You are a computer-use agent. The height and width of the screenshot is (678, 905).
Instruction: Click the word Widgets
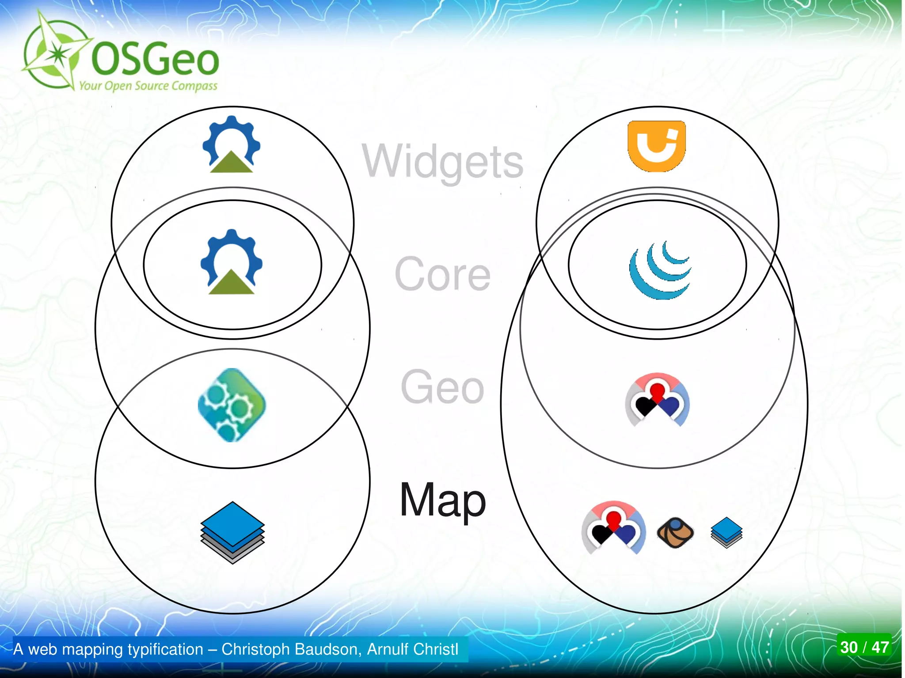tap(442, 161)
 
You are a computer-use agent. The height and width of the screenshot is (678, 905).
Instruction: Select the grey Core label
tap(442, 274)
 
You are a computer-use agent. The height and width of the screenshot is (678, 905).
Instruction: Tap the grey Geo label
tap(442, 387)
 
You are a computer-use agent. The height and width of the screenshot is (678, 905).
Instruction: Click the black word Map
tap(442, 500)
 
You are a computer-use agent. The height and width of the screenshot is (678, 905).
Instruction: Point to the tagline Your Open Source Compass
tap(148, 85)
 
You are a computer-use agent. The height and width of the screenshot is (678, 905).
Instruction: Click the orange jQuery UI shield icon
tap(657, 145)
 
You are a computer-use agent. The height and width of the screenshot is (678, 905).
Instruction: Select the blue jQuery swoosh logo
tap(659, 270)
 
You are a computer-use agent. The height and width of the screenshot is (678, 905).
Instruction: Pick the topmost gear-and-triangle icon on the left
tap(232, 144)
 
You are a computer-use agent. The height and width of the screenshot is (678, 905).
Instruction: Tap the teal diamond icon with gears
tap(232, 405)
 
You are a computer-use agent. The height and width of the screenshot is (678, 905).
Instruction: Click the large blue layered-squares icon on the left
tap(232, 532)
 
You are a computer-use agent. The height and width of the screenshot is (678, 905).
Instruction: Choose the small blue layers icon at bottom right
tap(726, 532)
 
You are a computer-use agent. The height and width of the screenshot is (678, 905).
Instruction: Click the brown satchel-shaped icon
tap(675, 533)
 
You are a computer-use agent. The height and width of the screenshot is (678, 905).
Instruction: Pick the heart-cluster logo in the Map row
tap(613, 527)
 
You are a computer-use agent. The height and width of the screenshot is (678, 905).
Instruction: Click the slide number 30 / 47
tap(864, 648)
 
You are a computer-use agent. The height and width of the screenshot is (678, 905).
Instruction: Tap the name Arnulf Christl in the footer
tap(412, 649)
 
